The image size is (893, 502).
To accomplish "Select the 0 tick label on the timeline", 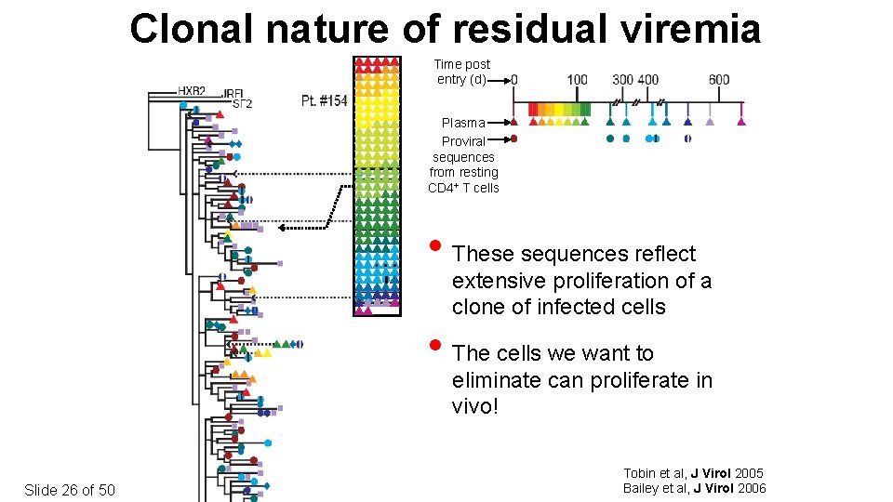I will (x=514, y=80).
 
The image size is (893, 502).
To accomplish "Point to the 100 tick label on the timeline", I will (x=577, y=80).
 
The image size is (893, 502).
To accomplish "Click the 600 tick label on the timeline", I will (x=719, y=80).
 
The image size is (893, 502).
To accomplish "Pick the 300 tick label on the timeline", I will (x=622, y=80).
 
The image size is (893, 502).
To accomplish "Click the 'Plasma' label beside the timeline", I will (x=463, y=123).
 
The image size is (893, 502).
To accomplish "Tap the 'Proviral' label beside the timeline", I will (x=463, y=141).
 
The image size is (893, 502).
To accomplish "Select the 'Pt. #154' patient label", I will (x=324, y=100).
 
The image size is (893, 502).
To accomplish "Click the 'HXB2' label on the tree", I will (x=192, y=91).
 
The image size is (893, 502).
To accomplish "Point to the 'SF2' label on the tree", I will (x=242, y=104).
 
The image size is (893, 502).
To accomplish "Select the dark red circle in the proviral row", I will (x=514, y=139).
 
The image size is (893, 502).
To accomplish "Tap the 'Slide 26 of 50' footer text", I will (x=70, y=490).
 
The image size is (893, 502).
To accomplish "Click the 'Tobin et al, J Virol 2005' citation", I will (x=693, y=473).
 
